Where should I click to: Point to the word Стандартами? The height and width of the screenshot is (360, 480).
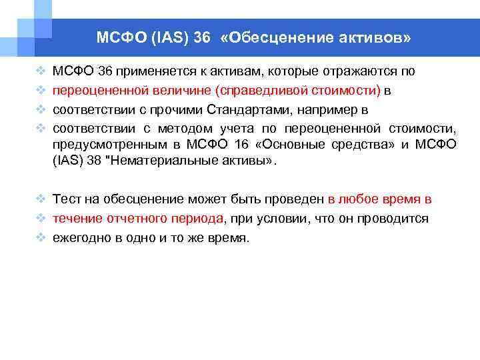(x=266, y=109)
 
